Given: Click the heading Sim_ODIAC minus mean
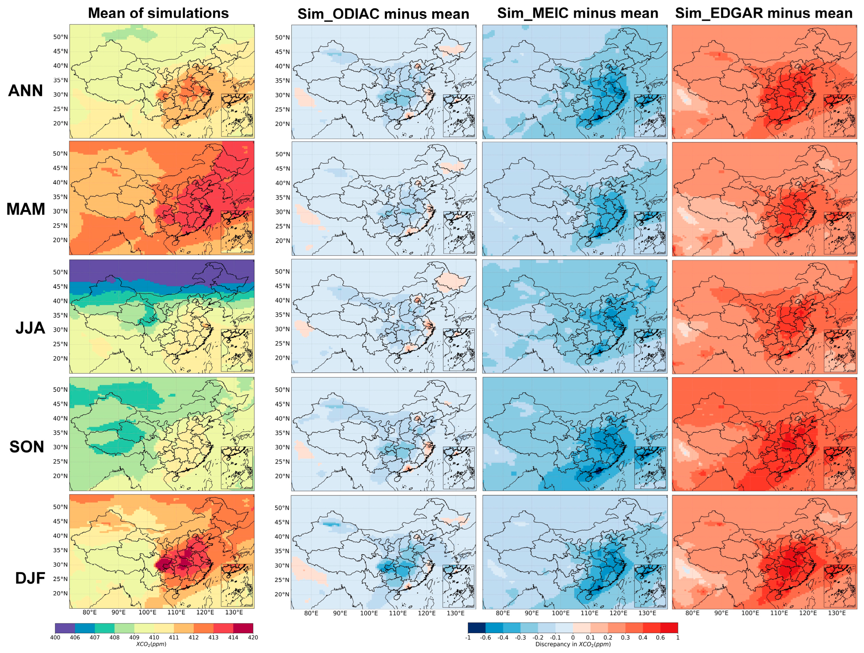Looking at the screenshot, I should pos(383,14).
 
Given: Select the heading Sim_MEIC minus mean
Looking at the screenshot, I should pos(577,13).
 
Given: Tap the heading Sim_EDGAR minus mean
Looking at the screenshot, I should pos(764,13).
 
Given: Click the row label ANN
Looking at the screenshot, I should pos(26,91).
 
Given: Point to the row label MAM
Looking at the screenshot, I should pos(26,209).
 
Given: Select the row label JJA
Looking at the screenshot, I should pos(30,328).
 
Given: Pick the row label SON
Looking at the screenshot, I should pos(26,447).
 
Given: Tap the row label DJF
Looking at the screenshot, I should pos(30,578).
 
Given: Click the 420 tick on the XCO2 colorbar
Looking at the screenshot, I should pos(253,637).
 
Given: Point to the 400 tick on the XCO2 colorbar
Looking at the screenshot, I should pos(55,637).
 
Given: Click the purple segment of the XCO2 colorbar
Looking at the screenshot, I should pos(65,628).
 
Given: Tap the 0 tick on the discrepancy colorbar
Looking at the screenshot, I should pos(572,637).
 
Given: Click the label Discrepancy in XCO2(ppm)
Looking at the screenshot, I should pos(572,644).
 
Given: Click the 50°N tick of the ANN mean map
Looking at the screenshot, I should pos(60,37).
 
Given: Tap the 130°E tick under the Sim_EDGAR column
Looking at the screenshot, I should pos(837,613).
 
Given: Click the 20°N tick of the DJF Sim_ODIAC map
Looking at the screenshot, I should pos(282,594).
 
